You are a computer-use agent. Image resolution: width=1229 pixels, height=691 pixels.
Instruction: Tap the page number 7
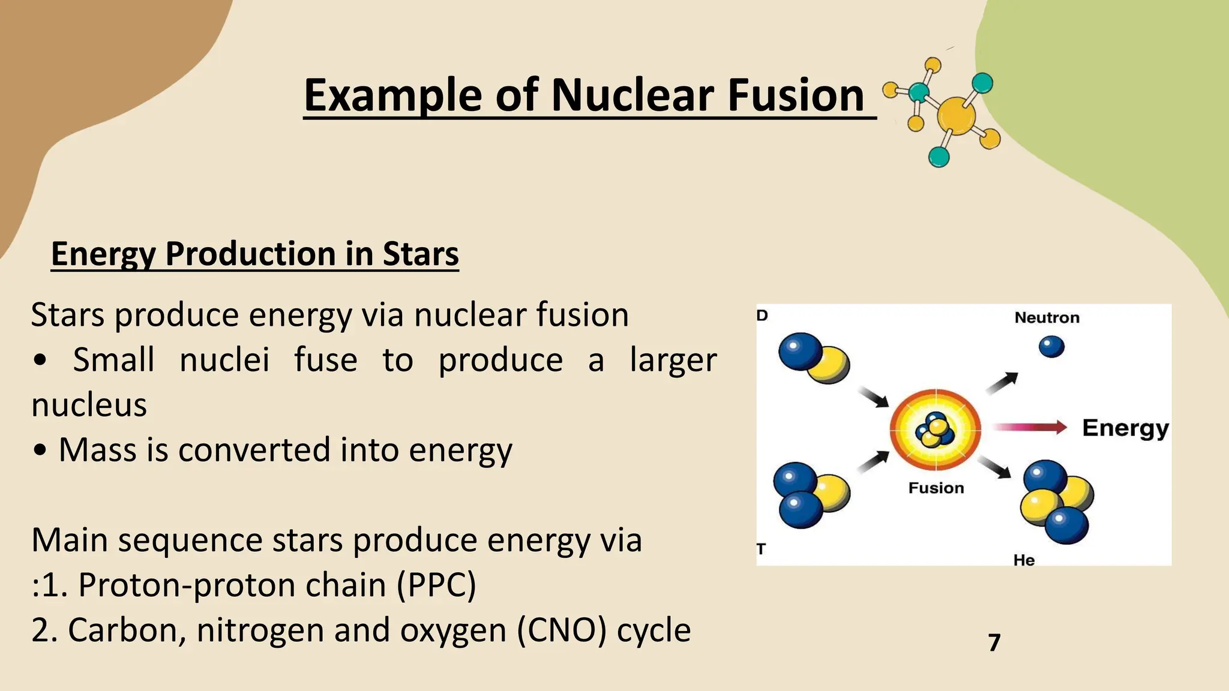point(994,642)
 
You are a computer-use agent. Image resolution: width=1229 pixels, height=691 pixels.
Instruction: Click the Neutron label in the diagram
point(1047,318)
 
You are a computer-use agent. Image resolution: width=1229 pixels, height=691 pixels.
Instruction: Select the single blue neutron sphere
point(1051,347)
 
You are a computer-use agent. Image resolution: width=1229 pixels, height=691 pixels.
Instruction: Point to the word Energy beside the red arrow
point(1125,428)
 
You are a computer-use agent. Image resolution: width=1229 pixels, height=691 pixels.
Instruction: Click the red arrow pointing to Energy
point(1029,427)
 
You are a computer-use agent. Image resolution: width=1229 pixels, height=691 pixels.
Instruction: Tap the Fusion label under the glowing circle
point(936,488)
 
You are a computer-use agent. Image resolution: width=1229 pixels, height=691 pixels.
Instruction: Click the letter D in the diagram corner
point(762,316)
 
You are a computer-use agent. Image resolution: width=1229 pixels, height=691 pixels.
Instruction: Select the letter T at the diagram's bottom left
point(761,549)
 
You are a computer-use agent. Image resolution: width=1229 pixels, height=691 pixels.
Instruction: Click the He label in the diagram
point(1024,560)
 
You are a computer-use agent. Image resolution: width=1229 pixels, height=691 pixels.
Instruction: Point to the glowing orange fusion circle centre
point(935,429)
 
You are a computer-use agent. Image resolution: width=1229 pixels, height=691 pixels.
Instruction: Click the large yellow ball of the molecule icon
point(955,116)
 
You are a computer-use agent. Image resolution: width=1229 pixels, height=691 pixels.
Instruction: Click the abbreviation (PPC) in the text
point(436,585)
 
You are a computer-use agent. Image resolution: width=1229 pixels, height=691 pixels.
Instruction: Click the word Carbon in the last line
point(127,631)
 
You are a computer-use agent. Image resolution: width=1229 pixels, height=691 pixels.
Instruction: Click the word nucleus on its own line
point(89,405)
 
